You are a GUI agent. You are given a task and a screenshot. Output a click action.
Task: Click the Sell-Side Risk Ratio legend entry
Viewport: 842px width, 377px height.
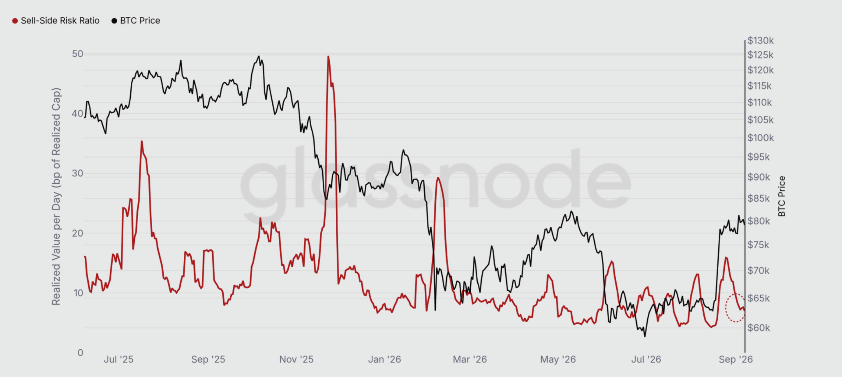pyautogui.click(x=56, y=21)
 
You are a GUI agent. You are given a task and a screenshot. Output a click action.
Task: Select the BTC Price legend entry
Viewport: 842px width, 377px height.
pyautogui.click(x=136, y=21)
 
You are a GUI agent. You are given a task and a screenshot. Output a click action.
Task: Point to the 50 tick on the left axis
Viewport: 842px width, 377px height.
pyautogui.click(x=77, y=54)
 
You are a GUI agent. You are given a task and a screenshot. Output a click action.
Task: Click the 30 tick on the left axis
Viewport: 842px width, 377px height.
pyautogui.click(x=77, y=173)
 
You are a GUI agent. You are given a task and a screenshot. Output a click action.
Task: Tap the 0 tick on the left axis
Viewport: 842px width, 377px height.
pyautogui.click(x=81, y=353)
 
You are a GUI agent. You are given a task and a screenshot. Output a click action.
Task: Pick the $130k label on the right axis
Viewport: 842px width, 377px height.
pyautogui.click(x=761, y=40)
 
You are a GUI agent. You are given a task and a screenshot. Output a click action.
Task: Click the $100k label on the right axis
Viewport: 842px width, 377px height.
pyautogui.click(x=761, y=138)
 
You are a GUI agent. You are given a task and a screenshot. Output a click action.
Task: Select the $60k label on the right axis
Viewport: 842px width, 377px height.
pyautogui.click(x=759, y=328)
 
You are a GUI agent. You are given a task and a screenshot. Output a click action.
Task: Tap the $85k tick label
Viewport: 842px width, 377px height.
pyautogui.click(x=759, y=198)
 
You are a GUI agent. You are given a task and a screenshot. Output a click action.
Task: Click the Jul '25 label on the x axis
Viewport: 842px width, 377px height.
pyautogui.click(x=118, y=359)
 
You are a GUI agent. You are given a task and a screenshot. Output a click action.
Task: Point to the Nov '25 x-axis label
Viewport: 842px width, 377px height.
pyautogui.click(x=296, y=359)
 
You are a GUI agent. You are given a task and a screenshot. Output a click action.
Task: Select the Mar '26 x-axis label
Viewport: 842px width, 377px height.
pyautogui.click(x=470, y=359)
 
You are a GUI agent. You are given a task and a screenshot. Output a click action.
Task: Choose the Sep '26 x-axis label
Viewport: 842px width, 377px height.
pyautogui.click(x=736, y=359)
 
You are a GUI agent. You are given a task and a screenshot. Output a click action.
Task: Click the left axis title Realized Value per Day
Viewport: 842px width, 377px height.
pyautogui.click(x=56, y=196)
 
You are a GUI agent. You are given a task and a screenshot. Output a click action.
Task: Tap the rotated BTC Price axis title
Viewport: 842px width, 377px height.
pyautogui.click(x=782, y=196)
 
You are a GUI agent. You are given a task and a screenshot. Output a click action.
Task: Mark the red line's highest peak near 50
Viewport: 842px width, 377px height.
pyautogui.click(x=328, y=56)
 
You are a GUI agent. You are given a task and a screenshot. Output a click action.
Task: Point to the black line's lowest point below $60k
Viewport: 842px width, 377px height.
pyautogui.click(x=645, y=336)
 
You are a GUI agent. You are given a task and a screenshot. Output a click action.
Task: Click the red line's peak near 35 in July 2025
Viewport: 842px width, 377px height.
pyautogui.click(x=142, y=142)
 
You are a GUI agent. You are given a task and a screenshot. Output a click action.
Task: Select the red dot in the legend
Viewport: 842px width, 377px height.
pyautogui.click(x=15, y=21)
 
